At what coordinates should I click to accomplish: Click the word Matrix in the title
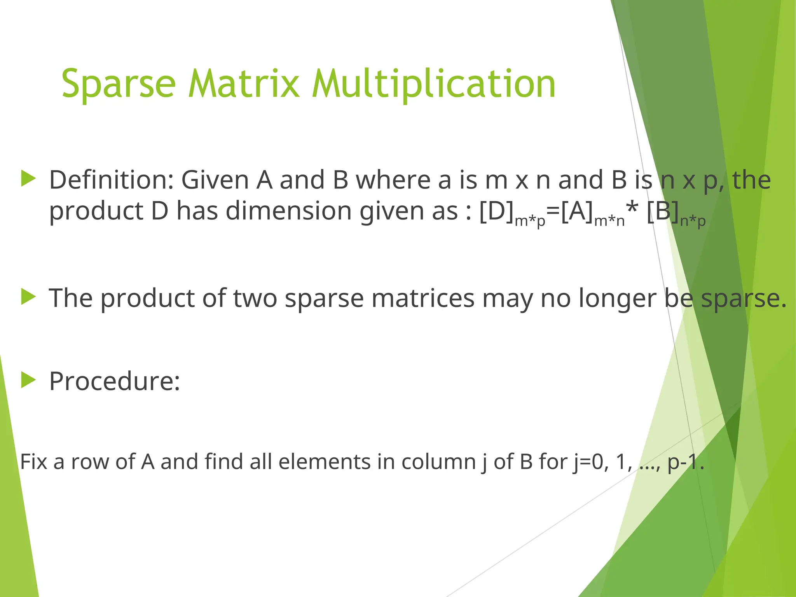(x=244, y=84)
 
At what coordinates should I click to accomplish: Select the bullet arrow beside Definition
(x=28, y=179)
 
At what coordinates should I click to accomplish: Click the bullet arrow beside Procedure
(x=28, y=380)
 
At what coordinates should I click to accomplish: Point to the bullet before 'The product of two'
(x=28, y=297)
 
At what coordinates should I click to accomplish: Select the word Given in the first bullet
(x=215, y=180)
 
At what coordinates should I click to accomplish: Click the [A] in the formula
(x=577, y=211)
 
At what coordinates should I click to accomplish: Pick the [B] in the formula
(x=663, y=211)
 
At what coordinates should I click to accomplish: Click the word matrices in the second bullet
(x=423, y=298)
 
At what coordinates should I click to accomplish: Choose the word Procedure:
(x=115, y=381)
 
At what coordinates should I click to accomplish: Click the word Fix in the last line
(x=33, y=462)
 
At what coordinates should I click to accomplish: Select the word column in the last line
(x=438, y=462)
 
